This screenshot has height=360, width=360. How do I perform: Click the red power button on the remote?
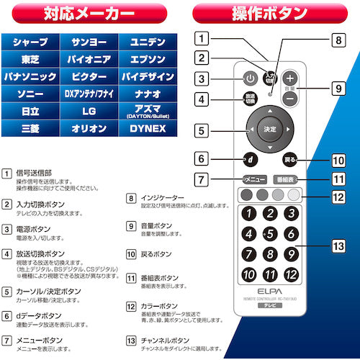coord(250,79)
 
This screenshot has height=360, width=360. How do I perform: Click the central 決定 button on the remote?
coord(270,130)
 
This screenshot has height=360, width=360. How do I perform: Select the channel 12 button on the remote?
coord(292,274)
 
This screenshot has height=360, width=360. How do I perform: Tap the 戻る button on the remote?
coord(291,158)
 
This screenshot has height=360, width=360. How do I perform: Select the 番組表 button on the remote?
coord(288,179)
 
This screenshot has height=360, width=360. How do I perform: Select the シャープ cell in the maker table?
coord(30,42)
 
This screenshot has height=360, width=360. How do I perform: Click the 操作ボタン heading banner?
coord(270,14)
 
